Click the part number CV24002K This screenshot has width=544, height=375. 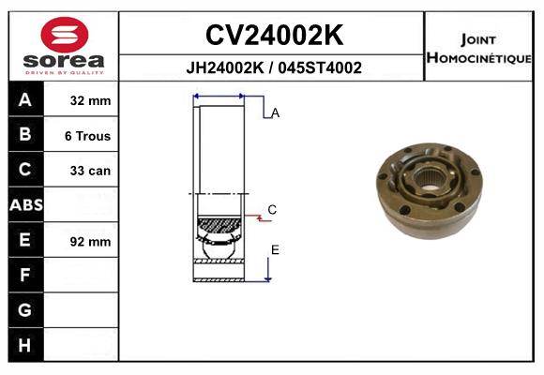(274, 36)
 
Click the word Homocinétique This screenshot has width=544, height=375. (478, 57)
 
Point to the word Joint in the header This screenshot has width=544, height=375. (478, 38)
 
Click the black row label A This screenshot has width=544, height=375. (25, 99)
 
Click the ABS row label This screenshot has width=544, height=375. (25, 205)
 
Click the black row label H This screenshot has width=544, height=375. (25, 346)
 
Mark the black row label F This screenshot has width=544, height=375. (25, 276)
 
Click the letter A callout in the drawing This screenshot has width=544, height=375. (275, 113)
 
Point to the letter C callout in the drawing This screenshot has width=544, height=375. (272, 210)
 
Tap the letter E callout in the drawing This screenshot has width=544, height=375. (275, 249)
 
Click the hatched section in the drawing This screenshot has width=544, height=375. (219, 225)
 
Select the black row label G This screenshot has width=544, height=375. (25, 310)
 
